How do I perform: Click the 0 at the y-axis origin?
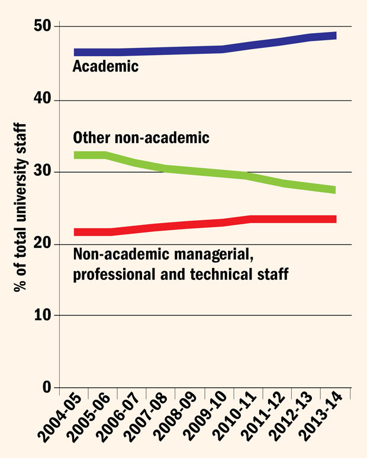47,388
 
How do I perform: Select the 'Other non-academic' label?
141,138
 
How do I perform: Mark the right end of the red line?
334,219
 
